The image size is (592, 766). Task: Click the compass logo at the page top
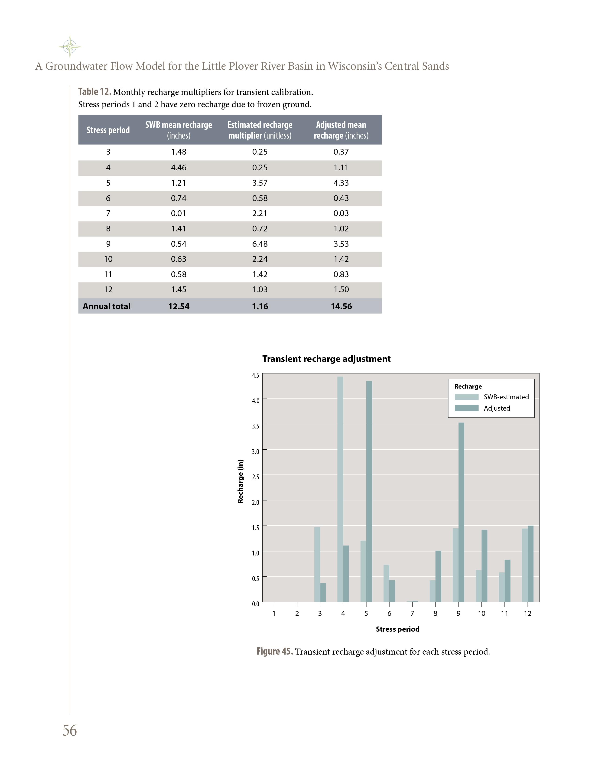70,47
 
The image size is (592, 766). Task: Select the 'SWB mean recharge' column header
179,130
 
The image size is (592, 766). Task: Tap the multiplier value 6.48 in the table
260,244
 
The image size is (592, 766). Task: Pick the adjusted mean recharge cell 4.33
341,183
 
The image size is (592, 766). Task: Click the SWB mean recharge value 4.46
179,168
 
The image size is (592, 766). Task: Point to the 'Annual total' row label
107,306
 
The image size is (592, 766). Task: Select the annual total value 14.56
341,306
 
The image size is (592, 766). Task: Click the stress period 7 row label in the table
108,213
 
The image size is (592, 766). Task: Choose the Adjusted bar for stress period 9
461,512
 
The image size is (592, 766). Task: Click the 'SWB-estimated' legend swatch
466,397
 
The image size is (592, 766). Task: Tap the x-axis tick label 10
481,613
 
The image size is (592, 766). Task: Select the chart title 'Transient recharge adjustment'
326,359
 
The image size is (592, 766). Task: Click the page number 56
70,730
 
